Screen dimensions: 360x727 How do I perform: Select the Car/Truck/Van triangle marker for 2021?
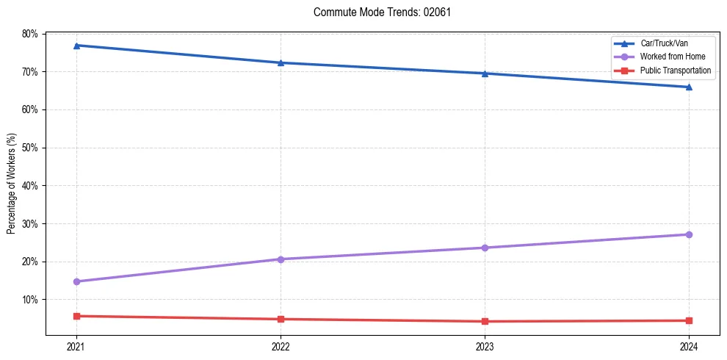coord(76,46)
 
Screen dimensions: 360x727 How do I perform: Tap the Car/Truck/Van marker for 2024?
coord(689,87)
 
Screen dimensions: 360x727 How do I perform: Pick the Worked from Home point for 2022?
coord(281,259)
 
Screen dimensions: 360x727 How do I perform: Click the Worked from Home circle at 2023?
coord(485,248)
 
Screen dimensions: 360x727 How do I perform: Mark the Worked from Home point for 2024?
coord(689,234)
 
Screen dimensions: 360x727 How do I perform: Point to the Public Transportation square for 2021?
coord(76,316)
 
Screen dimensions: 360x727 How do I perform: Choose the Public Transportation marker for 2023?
coord(485,321)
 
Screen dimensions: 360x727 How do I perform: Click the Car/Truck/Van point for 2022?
coord(281,62)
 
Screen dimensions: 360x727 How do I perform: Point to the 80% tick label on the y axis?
coord(29,34)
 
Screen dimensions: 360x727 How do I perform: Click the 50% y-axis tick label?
coord(29,148)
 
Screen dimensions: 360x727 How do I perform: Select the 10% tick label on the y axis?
coord(29,300)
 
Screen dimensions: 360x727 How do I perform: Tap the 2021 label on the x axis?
coord(76,345)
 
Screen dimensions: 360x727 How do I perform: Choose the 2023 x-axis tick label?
coord(485,345)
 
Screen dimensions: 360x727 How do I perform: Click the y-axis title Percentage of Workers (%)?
coord(12,184)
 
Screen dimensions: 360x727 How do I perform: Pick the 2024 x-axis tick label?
coord(689,345)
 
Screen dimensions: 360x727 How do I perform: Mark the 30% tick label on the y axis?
coord(29,223)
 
